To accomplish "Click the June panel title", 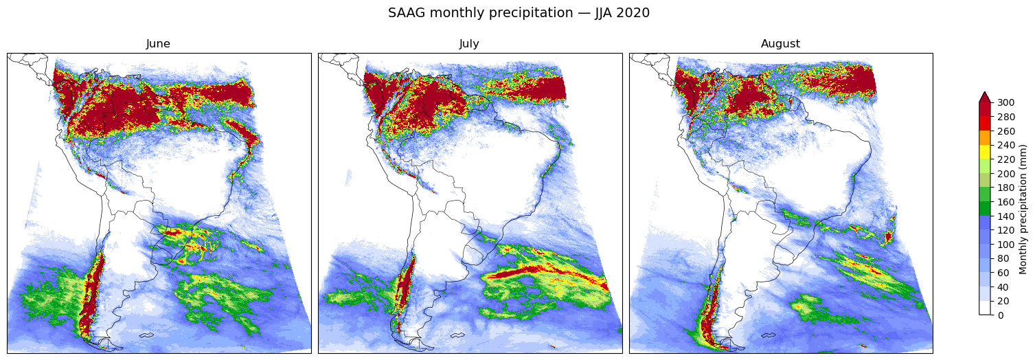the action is tap(158, 44).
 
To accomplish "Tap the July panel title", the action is tap(469, 44).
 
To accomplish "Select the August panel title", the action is tap(780, 44).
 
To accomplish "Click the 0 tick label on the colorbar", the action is tap(1001, 315).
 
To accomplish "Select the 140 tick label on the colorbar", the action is tap(1006, 216).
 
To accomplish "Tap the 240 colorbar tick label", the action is tap(1006, 145).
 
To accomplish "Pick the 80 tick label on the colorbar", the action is tap(1003, 259).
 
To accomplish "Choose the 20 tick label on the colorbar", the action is tap(1003, 302).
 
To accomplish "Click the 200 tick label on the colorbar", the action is tap(1006, 174).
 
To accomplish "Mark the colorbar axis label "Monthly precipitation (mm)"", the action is tap(1023, 210).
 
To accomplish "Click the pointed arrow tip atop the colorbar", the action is tap(985, 92).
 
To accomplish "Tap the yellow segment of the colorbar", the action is tap(985, 152).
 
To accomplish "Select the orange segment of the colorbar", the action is tap(985, 137).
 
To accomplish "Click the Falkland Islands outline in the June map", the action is tap(147, 335).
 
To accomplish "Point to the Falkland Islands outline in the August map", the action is tap(769, 335).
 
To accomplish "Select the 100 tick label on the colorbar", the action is tap(1006, 245).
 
